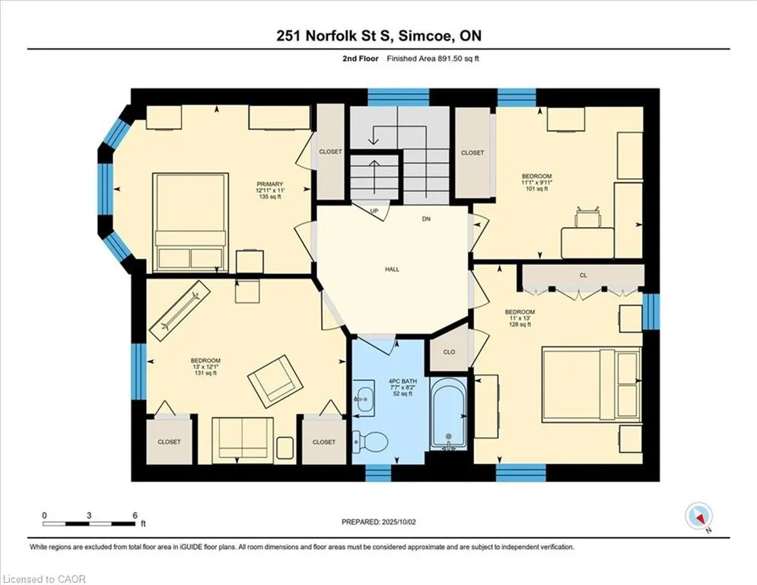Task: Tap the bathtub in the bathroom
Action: click(449, 413)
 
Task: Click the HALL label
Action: click(392, 270)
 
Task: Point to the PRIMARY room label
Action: click(270, 184)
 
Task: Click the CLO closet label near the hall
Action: click(449, 352)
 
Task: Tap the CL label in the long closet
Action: click(584, 275)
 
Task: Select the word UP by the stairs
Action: click(374, 211)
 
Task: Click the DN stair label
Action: click(426, 219)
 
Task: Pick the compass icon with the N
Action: click(698, 516)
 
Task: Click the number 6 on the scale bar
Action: click(135, 516)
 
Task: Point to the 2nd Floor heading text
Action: click(360, 59)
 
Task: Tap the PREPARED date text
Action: click(379, 522)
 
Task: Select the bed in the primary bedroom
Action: click(190, 222)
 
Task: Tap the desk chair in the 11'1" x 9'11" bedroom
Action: click(587, 216)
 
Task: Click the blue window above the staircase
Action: click(399, 97)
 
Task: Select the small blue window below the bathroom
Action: click(378, 473)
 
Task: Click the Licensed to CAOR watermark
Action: click(44, 579)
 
